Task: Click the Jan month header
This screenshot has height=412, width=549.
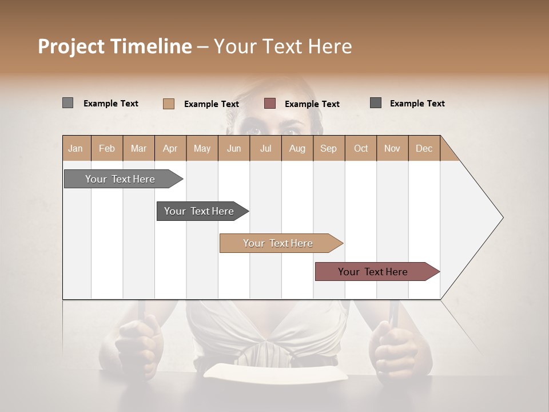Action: pyautogui.click(x=75, y=148)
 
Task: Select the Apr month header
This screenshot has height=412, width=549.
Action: pyautogui.click(x=170, y=148)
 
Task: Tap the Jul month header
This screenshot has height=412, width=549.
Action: pyautogui.click(x=265, y=148)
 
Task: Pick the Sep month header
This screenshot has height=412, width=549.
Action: pyautogui.click(x=328, y=148)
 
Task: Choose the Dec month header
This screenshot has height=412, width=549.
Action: pyautogui.click(x=424, y=148)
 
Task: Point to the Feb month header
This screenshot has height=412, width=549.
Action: pyautogui.click(x=107, y=148)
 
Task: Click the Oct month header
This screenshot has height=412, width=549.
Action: pyautogui.click(x=361, y=148)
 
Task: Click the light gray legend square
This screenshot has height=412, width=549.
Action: pyautogui.click(x=67, y=103)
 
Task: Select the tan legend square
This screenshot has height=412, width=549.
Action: pyautogui.click(x=169, y=104)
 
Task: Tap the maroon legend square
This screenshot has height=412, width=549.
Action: pyautogui.click(x=270, y=103)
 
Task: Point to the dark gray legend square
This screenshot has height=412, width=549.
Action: pyautogui.click(x=376, y=103)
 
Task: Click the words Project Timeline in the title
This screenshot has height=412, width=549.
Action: pyautogui.click(x=114, y=46)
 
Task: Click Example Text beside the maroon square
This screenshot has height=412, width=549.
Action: pyautogui.click(x=312, y=104)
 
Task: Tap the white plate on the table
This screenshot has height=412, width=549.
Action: pyautogui.click(x=276, y=372)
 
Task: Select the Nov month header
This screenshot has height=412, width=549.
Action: pyautogui.click(x=392, y=148)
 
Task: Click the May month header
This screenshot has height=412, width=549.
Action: pyautogui.click(x=202, y=148)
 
